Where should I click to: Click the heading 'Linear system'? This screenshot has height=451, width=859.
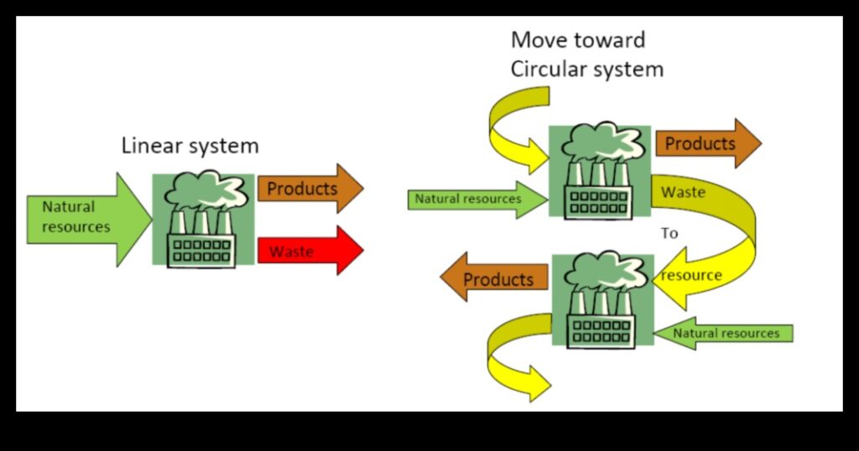click(190, 146)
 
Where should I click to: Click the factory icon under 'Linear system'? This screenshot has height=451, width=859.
click(203, 220)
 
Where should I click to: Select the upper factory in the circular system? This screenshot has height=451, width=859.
click(599, 171)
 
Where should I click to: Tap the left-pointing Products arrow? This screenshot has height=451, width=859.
click(495, 278)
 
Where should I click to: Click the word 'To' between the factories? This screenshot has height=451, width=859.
click(669, 233)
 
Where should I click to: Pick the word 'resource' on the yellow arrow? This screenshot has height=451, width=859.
click(691, 275)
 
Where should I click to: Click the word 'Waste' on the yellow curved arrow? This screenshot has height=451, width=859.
click(683, 192)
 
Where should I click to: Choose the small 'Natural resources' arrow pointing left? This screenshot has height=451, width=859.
click(723, 333)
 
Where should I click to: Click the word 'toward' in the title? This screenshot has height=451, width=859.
click(615, 39)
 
